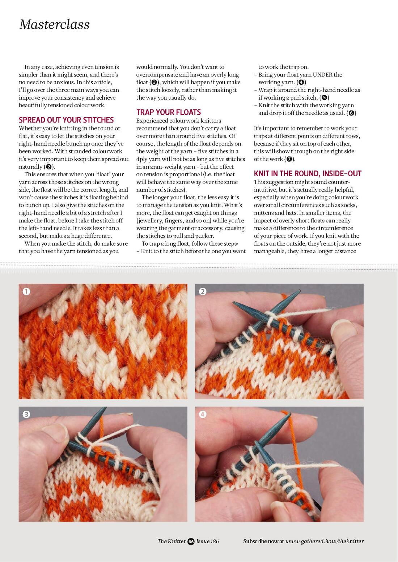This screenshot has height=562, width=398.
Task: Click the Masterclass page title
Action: point(54,25)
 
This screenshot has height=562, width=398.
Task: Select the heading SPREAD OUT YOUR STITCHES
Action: point(66,120)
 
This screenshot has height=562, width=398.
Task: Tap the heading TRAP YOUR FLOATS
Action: point(169,112)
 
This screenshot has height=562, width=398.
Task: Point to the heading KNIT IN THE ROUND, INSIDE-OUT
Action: point(308,174)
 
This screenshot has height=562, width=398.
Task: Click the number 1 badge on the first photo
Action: point(26,291)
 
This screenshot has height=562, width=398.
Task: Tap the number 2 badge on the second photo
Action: point(203,291)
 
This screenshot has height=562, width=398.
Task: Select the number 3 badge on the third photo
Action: point(26,414)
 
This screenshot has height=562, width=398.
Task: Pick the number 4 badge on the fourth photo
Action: point(203,414)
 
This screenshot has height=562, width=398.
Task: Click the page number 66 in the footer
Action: point(191,541)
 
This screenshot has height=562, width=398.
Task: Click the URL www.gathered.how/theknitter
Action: point(324,541)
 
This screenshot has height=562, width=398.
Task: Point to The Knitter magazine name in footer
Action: point(172,541)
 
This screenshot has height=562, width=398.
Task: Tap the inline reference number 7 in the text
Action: point(289,159)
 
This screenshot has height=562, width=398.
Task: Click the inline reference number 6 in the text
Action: point(351,113)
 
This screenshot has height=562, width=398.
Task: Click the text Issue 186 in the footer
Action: point(208,541)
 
